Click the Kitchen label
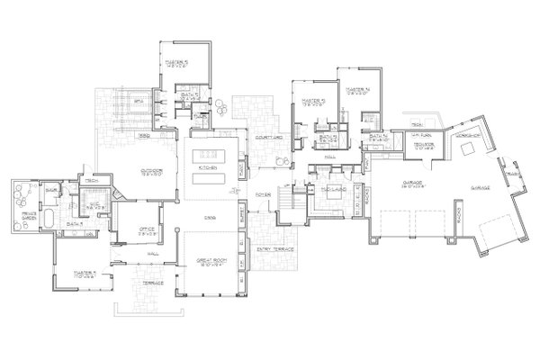207,167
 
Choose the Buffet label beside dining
243,215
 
